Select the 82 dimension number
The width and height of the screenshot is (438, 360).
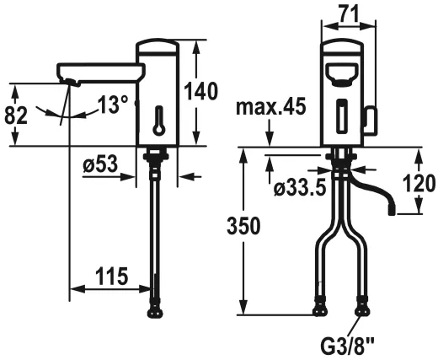[x=16, y=115]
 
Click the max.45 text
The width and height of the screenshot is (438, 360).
[x=270, y=108]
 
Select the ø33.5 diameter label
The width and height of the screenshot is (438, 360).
[x=289, y=187]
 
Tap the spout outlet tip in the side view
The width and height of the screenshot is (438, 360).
[x=69, y=82]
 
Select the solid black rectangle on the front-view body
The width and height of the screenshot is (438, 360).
[x=342, y=116]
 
